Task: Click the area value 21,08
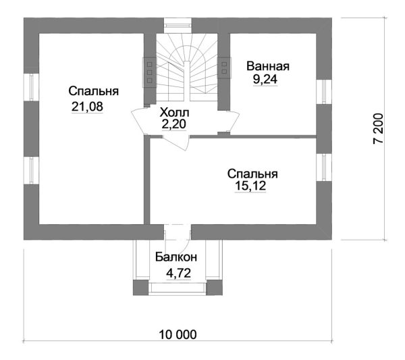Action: tap(86, 106)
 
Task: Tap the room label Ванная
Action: tap(268, 66)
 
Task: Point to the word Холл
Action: tap(174, 112)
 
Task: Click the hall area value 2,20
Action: tap(174, 124)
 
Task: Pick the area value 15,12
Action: tap(250, 186)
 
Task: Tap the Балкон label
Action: tap(175, 257)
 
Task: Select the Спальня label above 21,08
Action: tap(94, 91)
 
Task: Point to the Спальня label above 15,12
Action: tap(252, 173)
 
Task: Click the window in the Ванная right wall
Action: tap(323, 91)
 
